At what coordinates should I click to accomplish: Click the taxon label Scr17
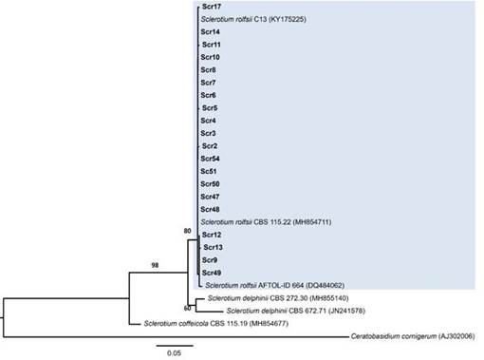tap(212, 7)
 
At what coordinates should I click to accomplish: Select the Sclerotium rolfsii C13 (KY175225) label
tap(253, 19)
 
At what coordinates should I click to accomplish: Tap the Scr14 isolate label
tap(211, 32)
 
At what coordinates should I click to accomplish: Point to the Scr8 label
tap(208, 70)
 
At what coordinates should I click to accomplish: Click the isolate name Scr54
tap(210, 159)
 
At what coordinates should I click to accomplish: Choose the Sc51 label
tap(209, 171)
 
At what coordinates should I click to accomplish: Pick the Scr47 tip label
tap(210, 197)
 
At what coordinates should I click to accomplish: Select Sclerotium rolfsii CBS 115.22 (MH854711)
tap(267, 222)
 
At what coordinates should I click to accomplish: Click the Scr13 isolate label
tap(214, 247)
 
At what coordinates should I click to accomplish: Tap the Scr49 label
tap(212, 273)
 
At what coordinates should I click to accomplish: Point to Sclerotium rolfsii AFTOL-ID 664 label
tap(275, 285)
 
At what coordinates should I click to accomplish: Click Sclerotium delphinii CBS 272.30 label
tap(278, 298)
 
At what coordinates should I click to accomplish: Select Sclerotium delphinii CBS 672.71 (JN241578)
tap(296, 311)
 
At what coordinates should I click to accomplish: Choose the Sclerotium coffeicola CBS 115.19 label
tap(216, 323)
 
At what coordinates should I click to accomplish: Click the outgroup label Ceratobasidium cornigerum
tap(413, 336)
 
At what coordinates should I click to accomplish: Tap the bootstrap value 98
tap(155, 265)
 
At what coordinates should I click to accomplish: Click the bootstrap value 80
tap(187, 231)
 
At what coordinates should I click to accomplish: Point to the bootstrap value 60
tap(187, 308)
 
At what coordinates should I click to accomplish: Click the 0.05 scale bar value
tap(174, 353)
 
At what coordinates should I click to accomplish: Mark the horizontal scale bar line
tap(175, 346)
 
